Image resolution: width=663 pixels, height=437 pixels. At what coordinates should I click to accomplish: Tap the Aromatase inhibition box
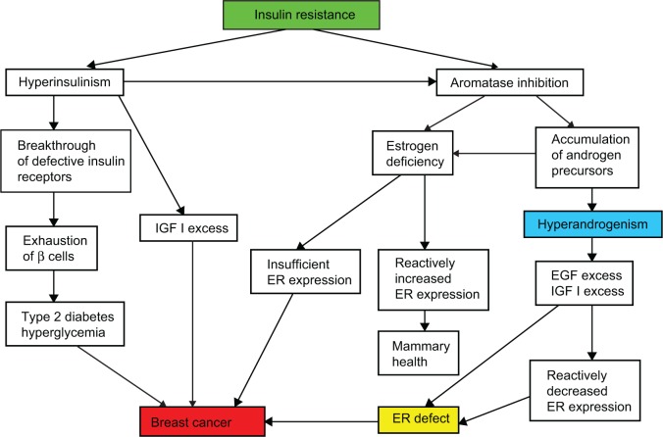[509, 83]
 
